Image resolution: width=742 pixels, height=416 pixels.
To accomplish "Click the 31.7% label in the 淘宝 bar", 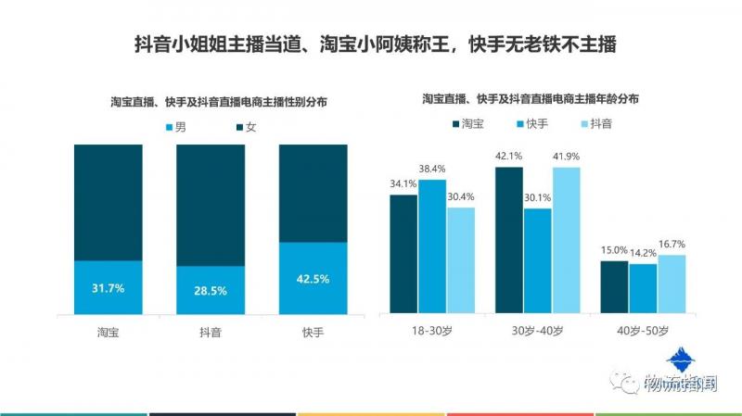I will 108,287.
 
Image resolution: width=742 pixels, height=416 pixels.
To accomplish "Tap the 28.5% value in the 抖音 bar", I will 211,291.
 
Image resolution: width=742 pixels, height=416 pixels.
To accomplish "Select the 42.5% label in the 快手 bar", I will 313,279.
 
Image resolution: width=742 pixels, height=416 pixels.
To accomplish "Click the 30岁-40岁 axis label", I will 537,331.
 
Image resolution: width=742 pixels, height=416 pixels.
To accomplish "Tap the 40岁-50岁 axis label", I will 643,331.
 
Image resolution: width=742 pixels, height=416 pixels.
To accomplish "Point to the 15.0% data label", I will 614,250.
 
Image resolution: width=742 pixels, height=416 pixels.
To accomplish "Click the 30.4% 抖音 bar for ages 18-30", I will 461,259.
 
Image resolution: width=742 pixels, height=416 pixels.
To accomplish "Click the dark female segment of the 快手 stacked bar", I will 313,193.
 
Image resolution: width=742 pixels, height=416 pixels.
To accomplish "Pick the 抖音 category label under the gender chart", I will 211,332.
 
